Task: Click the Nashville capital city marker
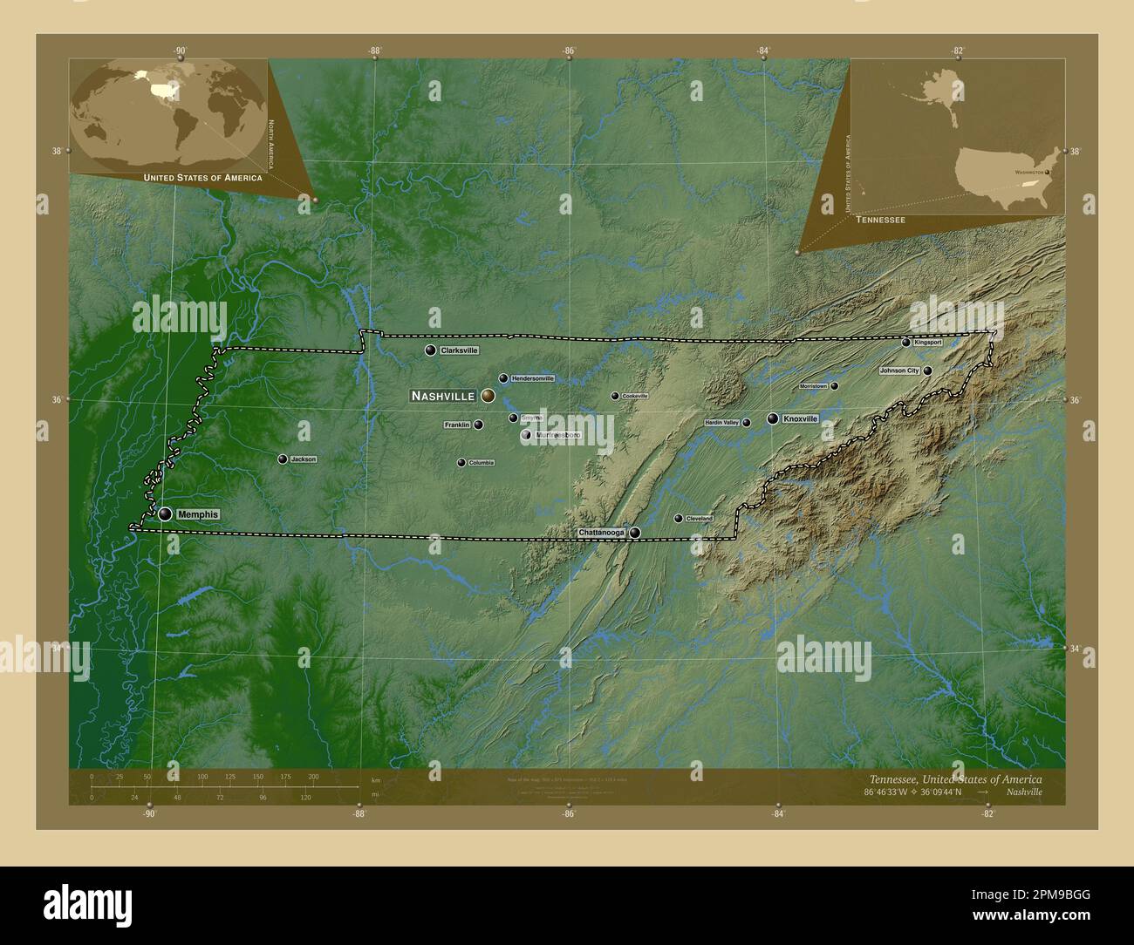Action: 488,396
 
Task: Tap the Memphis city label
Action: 197,514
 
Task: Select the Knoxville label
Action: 801,419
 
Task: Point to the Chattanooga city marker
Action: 635,533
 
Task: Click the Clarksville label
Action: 460,350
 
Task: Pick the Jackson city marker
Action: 283,459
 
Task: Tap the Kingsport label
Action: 929,343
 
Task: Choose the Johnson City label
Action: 899,371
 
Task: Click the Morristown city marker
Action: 834,385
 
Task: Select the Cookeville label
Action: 635,396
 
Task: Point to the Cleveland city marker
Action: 679,519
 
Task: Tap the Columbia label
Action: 482,463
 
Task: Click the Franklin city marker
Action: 478,425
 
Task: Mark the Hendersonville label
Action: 533,378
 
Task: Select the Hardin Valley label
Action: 721,423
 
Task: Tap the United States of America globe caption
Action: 202,178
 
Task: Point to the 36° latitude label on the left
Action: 56,399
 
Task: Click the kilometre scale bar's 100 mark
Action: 202,776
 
